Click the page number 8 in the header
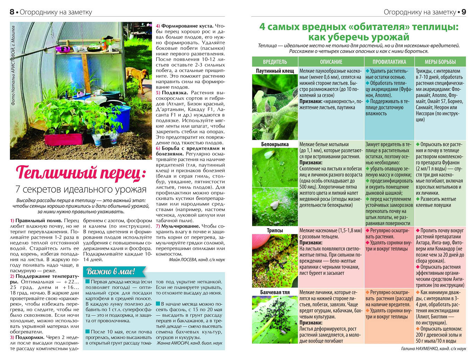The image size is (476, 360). coord(12,12)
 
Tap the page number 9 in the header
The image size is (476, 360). coord(464,12)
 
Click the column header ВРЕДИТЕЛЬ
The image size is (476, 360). coord(275,62)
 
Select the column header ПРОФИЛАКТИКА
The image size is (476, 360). coord(389,62)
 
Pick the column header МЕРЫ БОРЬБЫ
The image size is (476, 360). coord(440,62)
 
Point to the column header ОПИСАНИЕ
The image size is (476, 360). coord(331,62)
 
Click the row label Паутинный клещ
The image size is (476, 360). coord(275,71)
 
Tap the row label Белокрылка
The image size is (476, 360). coord(275,144)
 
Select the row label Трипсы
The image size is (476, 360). coord(275,230)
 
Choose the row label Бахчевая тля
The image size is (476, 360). coord(275,292)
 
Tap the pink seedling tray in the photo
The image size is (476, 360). coord(64,139)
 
